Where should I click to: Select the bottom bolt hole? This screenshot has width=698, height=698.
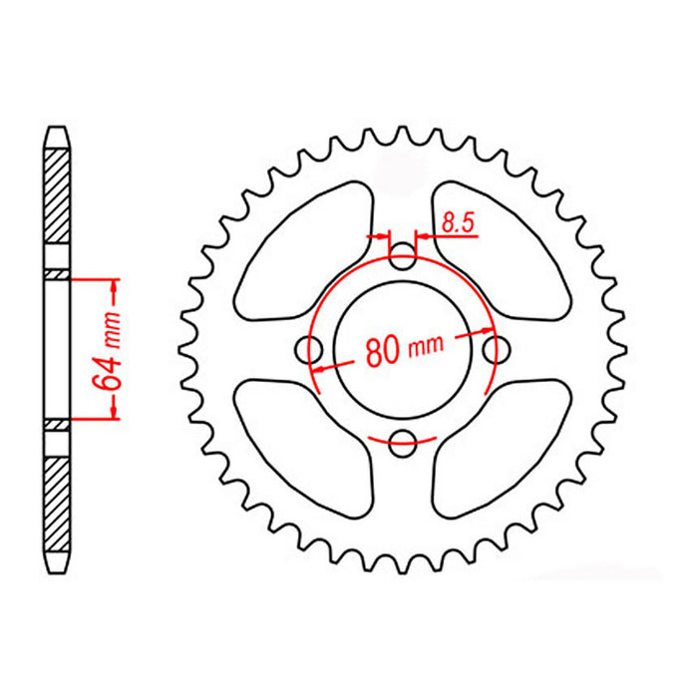tap(403, 441)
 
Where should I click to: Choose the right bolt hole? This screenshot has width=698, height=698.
tap(493, 351)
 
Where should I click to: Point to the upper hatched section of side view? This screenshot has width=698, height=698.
tap(58, 194)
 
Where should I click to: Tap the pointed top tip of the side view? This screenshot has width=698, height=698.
tap(58, 128)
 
